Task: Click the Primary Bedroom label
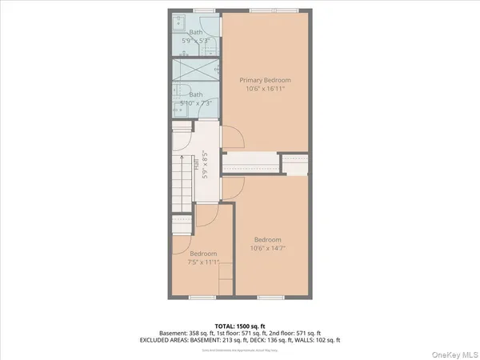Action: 265,80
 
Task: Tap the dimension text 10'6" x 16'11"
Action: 265,89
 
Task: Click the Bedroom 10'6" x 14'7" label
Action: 267,244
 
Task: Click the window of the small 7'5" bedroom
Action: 201,297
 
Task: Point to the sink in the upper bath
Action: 178,22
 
